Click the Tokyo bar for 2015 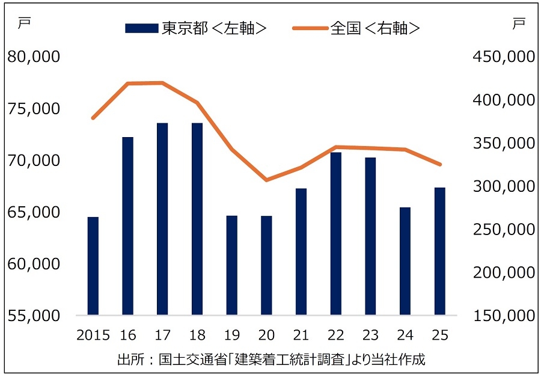[93, 266]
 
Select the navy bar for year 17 [162, 219]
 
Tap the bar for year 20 [266, 265]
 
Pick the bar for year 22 [336, 233]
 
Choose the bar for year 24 [405, 261]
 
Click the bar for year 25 [440, 251]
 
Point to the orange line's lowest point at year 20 [266, 180]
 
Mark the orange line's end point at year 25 [440, 164]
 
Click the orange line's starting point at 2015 [93, 118]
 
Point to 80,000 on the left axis [34, 57]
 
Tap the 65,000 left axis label [34, 212]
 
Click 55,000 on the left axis [34, 315]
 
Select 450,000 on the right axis [504, 57]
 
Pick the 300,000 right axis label [504, 186]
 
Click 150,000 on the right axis [504, 315]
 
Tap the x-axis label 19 [232, 334]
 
